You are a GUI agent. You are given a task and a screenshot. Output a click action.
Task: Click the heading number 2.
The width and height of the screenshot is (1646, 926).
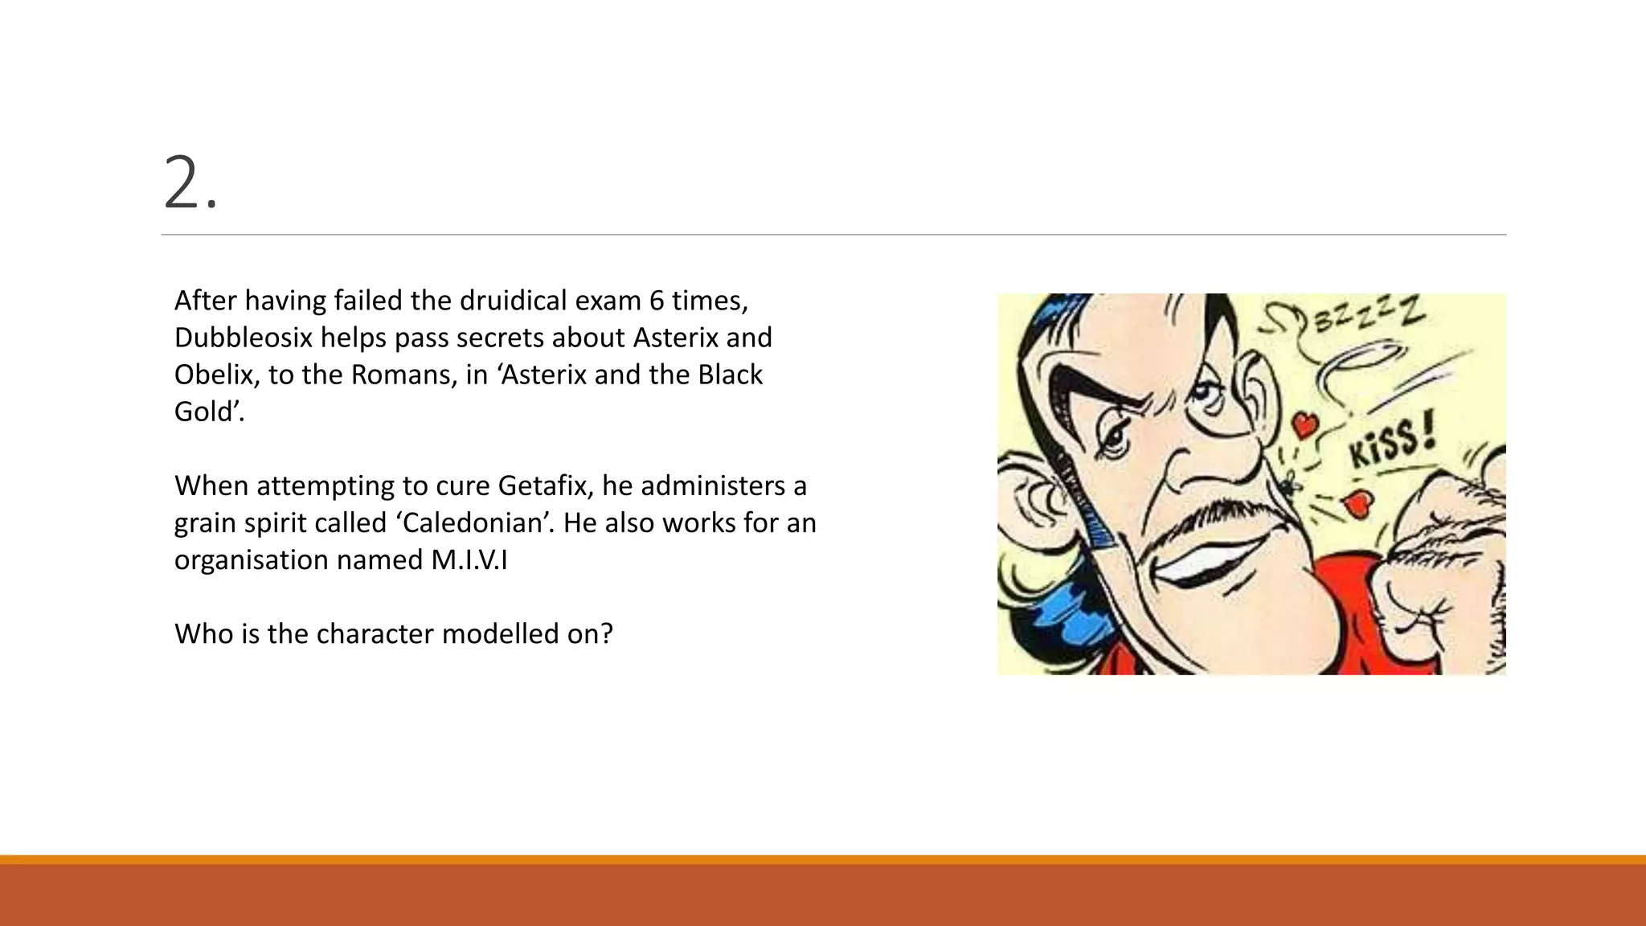click(190, 185)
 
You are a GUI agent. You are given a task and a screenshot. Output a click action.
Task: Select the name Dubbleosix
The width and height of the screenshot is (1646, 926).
click(243, 338)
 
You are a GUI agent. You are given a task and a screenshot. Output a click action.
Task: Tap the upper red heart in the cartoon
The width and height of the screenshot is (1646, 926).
click(1304, 424)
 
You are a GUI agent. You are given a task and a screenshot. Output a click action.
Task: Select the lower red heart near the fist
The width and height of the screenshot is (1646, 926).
click(1358, 504)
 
